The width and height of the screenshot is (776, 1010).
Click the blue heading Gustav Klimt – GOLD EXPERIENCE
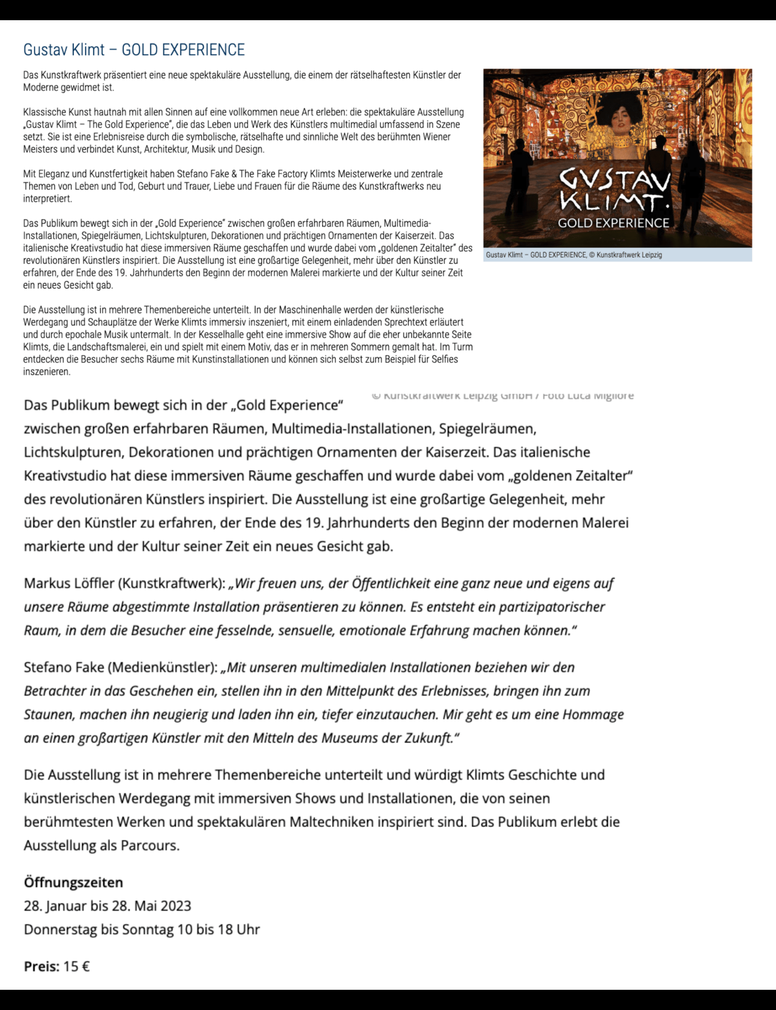point(134,50)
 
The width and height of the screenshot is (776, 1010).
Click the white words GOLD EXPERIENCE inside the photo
point(613,223)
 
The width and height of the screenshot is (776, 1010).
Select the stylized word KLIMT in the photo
point(612,201)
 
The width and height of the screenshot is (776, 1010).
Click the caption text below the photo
point(574,255)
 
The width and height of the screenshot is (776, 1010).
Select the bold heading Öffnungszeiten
point(74,882)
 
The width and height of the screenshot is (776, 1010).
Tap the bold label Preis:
point(41,966)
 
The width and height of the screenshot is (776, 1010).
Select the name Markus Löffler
point(68,583)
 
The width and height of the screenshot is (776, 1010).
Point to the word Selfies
point(443,360)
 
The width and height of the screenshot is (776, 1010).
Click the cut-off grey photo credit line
point(502,396)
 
